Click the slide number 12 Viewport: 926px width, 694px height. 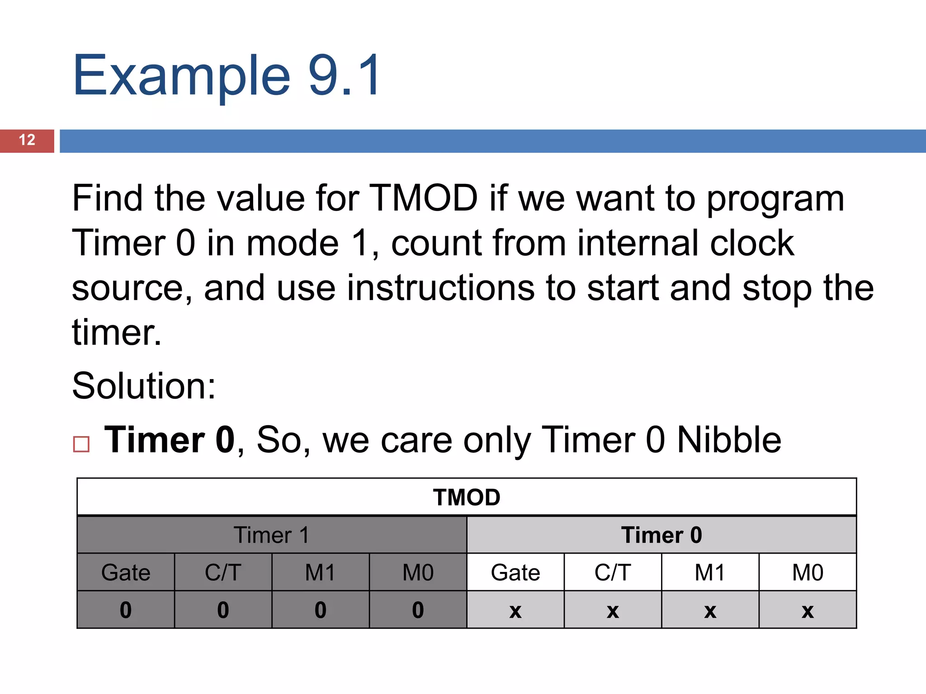click(x=27, y=140)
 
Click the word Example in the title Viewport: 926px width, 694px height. click(x=181, y=76)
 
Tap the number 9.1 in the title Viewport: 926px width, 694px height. click(x=345, y=75)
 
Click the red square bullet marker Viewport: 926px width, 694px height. click(x=81, y=444)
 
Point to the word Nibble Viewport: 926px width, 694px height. click(x=729, y=440)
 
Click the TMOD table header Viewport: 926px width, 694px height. click(x=467, y=497)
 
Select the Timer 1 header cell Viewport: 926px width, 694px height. click(x=272, y=535)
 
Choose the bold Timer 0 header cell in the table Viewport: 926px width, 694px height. click(x=661, y=535)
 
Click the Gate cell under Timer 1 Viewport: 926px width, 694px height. click(x=126, y=573)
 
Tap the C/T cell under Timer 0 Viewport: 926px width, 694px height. click(x=613, y=573)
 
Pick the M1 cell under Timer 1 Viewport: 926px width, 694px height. click(x=320, y=573)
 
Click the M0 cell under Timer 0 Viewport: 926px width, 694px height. click(x=808, y=573)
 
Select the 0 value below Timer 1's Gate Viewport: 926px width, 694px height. click(x=126, y=610)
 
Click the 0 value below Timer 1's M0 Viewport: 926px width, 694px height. click(x=418, y=610)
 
